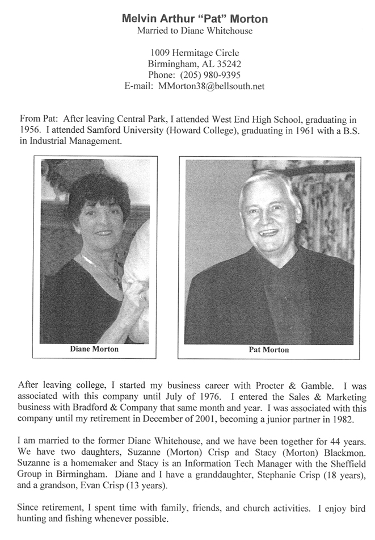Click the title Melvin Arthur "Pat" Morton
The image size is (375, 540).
click(195, 19)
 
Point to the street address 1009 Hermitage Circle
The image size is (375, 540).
click(195, 53)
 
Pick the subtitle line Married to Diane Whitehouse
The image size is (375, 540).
click(195, 31)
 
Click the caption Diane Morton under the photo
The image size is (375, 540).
click(94, 349)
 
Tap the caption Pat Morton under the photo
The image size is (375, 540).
click(269, 350)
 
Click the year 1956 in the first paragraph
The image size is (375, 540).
click(29, 131)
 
